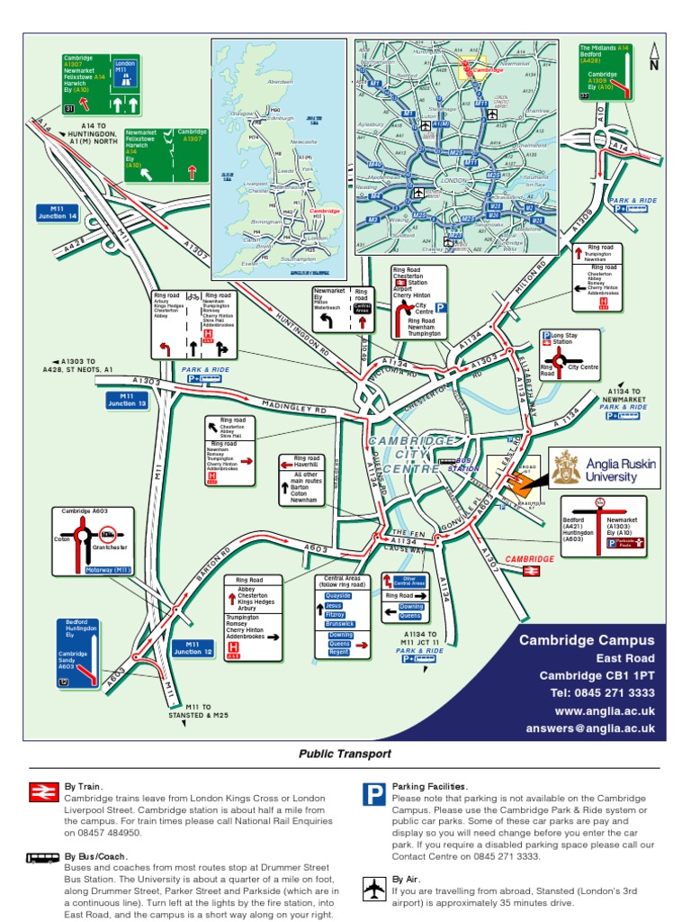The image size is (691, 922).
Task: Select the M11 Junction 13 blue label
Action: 127,400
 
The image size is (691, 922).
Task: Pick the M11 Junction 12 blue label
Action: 193,647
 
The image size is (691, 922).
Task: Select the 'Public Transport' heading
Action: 345,755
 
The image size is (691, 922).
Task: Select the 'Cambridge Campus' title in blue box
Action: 587,640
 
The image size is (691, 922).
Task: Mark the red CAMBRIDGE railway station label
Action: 529,559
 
